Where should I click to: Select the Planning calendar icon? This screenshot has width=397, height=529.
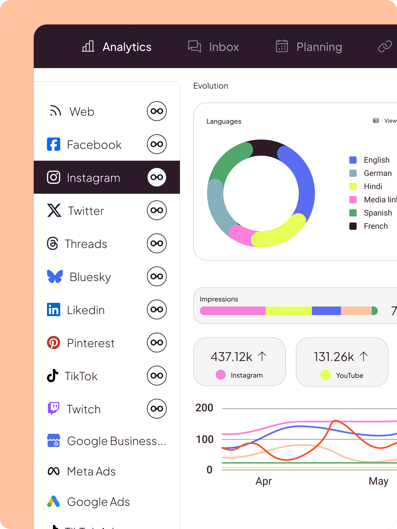[x=282, y=46]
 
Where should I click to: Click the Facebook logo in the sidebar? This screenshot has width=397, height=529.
[x=54, y=144]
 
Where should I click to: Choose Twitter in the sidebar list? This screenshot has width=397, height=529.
[x=86, y=211]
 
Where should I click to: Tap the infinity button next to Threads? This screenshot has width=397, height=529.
[x=156, y=243]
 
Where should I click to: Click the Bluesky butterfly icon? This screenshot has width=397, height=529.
[x=55, y=276]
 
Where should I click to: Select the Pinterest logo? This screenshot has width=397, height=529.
[x=54, y=343]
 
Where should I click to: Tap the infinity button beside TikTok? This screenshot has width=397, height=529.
[x=156, y=376]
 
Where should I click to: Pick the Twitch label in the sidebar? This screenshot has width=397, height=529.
[x=84, y=409]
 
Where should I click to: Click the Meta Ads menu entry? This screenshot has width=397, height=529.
[x=91, y=471]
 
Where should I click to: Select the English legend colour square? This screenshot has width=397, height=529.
[x=353, y=160]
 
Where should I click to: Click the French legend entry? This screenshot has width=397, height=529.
[x=375, y=226]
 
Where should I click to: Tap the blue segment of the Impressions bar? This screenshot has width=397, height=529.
[x=326, y=311]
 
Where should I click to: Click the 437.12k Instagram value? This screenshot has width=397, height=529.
[x=231, y=357]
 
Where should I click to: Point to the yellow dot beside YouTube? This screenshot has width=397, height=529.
[x=326, y=375]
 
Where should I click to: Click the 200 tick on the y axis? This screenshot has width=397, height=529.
[x=204, y=408]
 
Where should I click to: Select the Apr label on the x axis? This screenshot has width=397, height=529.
[x=263, y=481]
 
